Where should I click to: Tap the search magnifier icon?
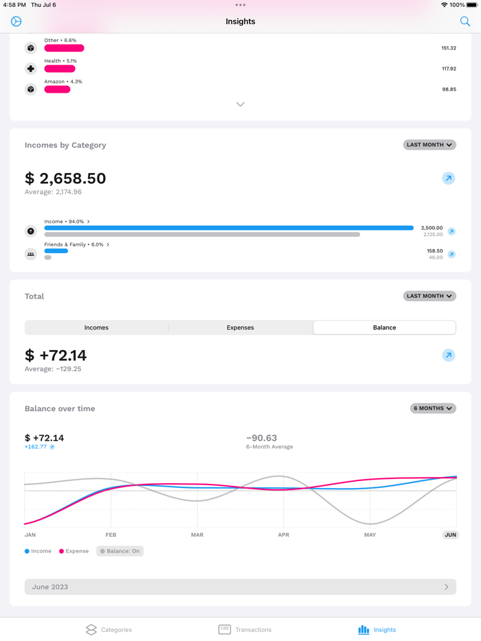(465, 21)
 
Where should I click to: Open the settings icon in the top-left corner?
(16, 21)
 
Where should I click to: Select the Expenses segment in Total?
(240, 327)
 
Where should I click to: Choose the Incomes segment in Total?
(96, 327)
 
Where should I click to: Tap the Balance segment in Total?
(384, 327)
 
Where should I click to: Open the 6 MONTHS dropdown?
(433, 408)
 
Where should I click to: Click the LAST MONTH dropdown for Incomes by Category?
(429, 145)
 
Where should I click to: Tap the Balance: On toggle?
(120, 551)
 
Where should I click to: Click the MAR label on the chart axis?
(197, 535)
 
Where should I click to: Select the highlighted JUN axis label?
(450, 535)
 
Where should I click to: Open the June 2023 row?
(240, 587)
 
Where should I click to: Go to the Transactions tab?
(245, 629)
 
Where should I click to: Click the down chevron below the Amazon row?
(240, 104)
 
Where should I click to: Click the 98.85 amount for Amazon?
(449, 89)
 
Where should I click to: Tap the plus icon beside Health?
(31, 69)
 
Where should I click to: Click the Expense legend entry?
(74, 551)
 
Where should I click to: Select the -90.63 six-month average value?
(262, 438)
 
